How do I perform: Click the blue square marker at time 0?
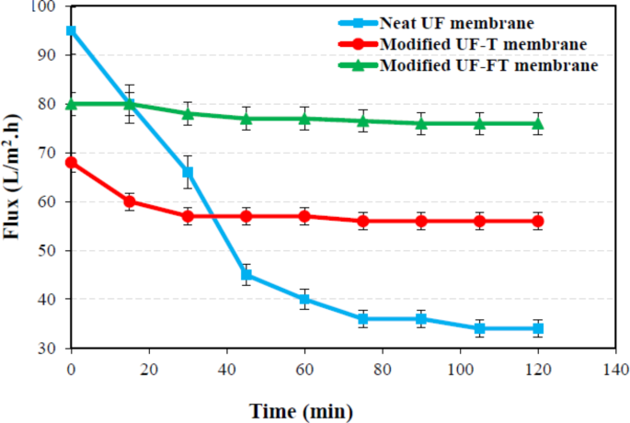click(x=71, y=30)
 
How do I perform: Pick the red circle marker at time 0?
click(x=71, y=163)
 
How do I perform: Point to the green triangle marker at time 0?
click(x=71, y=103)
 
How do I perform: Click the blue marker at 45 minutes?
click(x=246, y=275)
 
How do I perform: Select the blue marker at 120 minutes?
click(x=538, y=328)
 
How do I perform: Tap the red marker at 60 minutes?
click(x=304, y=216)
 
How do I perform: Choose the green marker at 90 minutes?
click(x=421, y=123)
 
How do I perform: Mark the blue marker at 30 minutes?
click(x=188, y=172)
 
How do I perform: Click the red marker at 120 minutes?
click(x=538, y=221)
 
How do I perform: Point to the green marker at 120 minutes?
click(x=538, y=123)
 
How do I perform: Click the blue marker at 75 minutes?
click(x=363, y=319)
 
